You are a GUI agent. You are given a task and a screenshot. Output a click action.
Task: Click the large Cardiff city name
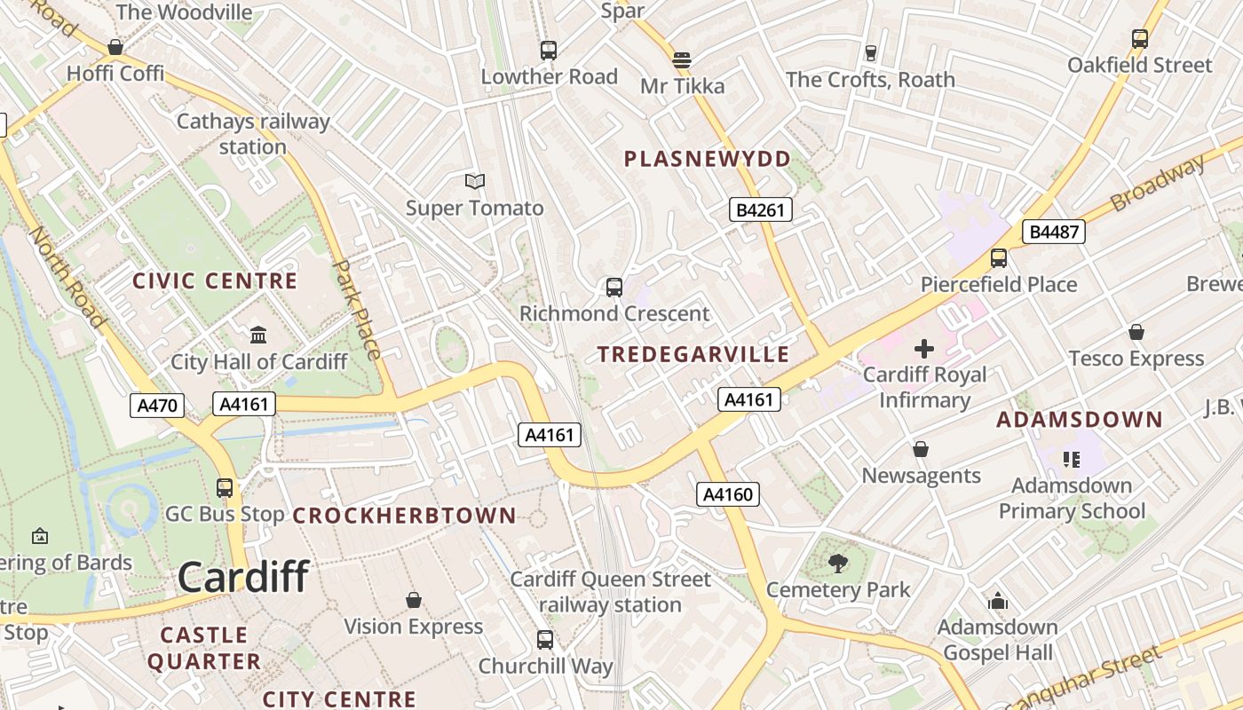tap(243, 577)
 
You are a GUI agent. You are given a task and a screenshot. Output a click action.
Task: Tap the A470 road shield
tap(156, 406)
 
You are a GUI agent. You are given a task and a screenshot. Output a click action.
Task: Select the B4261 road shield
tap(760, 209)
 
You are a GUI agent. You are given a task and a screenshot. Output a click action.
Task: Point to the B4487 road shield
tap(1053, 233)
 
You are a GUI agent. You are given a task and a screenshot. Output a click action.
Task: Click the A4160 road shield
tap(728, 494)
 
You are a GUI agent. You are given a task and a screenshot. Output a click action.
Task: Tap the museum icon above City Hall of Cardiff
tap(258, 335)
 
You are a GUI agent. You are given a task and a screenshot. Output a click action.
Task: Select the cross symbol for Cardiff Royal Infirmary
tap(924, 348)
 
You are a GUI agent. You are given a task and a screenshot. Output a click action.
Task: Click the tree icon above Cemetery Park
tap(837, 563)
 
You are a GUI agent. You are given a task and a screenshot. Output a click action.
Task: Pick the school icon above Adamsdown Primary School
tap(1072, 459)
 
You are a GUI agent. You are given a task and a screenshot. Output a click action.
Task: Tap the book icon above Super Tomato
tap(475, 181)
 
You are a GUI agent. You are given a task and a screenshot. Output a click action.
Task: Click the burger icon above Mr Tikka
tap(682, 59)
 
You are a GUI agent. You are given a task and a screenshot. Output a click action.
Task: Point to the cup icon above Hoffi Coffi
tap(115, 47)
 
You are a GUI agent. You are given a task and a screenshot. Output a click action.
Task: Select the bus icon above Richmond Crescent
tap(614, 287)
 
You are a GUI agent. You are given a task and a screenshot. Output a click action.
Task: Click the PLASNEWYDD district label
tap(707, 159)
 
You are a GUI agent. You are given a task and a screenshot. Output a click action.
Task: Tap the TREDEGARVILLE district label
tap(693, 354)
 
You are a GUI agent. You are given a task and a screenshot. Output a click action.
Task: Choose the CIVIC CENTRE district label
tap(215, 281)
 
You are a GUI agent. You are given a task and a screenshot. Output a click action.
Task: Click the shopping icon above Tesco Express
tap(1136, 332)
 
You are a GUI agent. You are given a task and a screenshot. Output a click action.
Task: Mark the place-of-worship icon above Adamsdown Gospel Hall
tap(998, 601)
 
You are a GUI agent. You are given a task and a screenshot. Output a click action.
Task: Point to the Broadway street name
tap(1158, 183)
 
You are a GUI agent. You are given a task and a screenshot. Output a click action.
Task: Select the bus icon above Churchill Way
tap(545, 639)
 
